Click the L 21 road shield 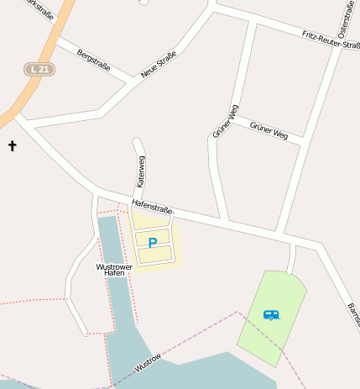39,69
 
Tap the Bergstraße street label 93,59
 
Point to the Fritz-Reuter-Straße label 330,39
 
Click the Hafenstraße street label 152,208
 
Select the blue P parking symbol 152,243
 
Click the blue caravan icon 271,315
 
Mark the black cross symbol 12,146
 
